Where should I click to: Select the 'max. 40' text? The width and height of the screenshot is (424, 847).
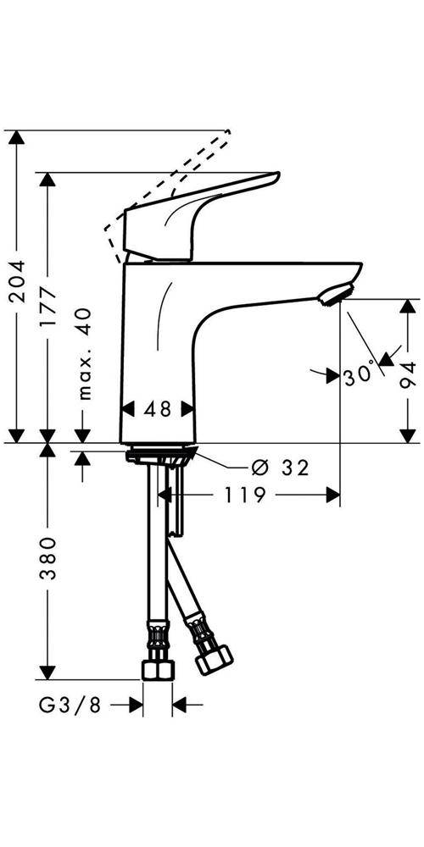[83, 353]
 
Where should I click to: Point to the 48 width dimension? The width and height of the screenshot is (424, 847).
[159, 409]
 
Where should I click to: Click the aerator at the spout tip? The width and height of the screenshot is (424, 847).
[333, 295]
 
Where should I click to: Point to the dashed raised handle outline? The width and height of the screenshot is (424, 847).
[170, 178]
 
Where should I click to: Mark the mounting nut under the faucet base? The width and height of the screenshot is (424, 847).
[159, 457]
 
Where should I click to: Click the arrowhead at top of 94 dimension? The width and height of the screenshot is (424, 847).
[410, 305]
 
